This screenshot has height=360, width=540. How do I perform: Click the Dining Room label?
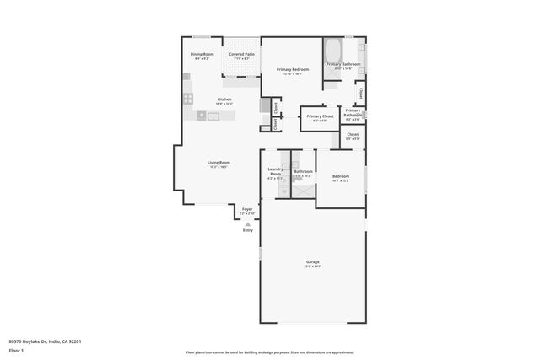coord(203,54)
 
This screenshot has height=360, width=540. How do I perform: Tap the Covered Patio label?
coord(242,54)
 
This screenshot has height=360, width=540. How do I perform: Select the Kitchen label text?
coord(224,99)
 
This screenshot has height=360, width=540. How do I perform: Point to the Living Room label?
coord(219,162)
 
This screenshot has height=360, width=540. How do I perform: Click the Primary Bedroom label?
coord(293,68)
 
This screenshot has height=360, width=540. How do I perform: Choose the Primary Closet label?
coord(320,116)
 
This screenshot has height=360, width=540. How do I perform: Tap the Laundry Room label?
coord(275,171)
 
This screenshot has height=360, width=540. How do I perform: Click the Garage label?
coord(312,262)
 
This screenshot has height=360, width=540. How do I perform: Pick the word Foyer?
coord(247,208)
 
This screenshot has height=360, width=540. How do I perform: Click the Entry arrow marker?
coord(247,224)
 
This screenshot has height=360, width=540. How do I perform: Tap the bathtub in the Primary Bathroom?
coord(332,47)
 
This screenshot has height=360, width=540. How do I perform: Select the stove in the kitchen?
coord(188,99)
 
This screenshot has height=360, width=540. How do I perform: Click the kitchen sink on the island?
coord(213,116)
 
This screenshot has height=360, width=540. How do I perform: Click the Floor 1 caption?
coord(16,350)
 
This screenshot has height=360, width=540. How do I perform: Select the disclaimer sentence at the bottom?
coord(269,353)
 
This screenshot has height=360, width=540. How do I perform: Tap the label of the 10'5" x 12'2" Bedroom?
coord(341,176)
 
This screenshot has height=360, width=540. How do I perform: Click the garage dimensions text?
coord(312,266)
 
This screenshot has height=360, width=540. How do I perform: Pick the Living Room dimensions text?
coord(219,167)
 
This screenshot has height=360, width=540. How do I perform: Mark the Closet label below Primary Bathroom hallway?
coord(353,134)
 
